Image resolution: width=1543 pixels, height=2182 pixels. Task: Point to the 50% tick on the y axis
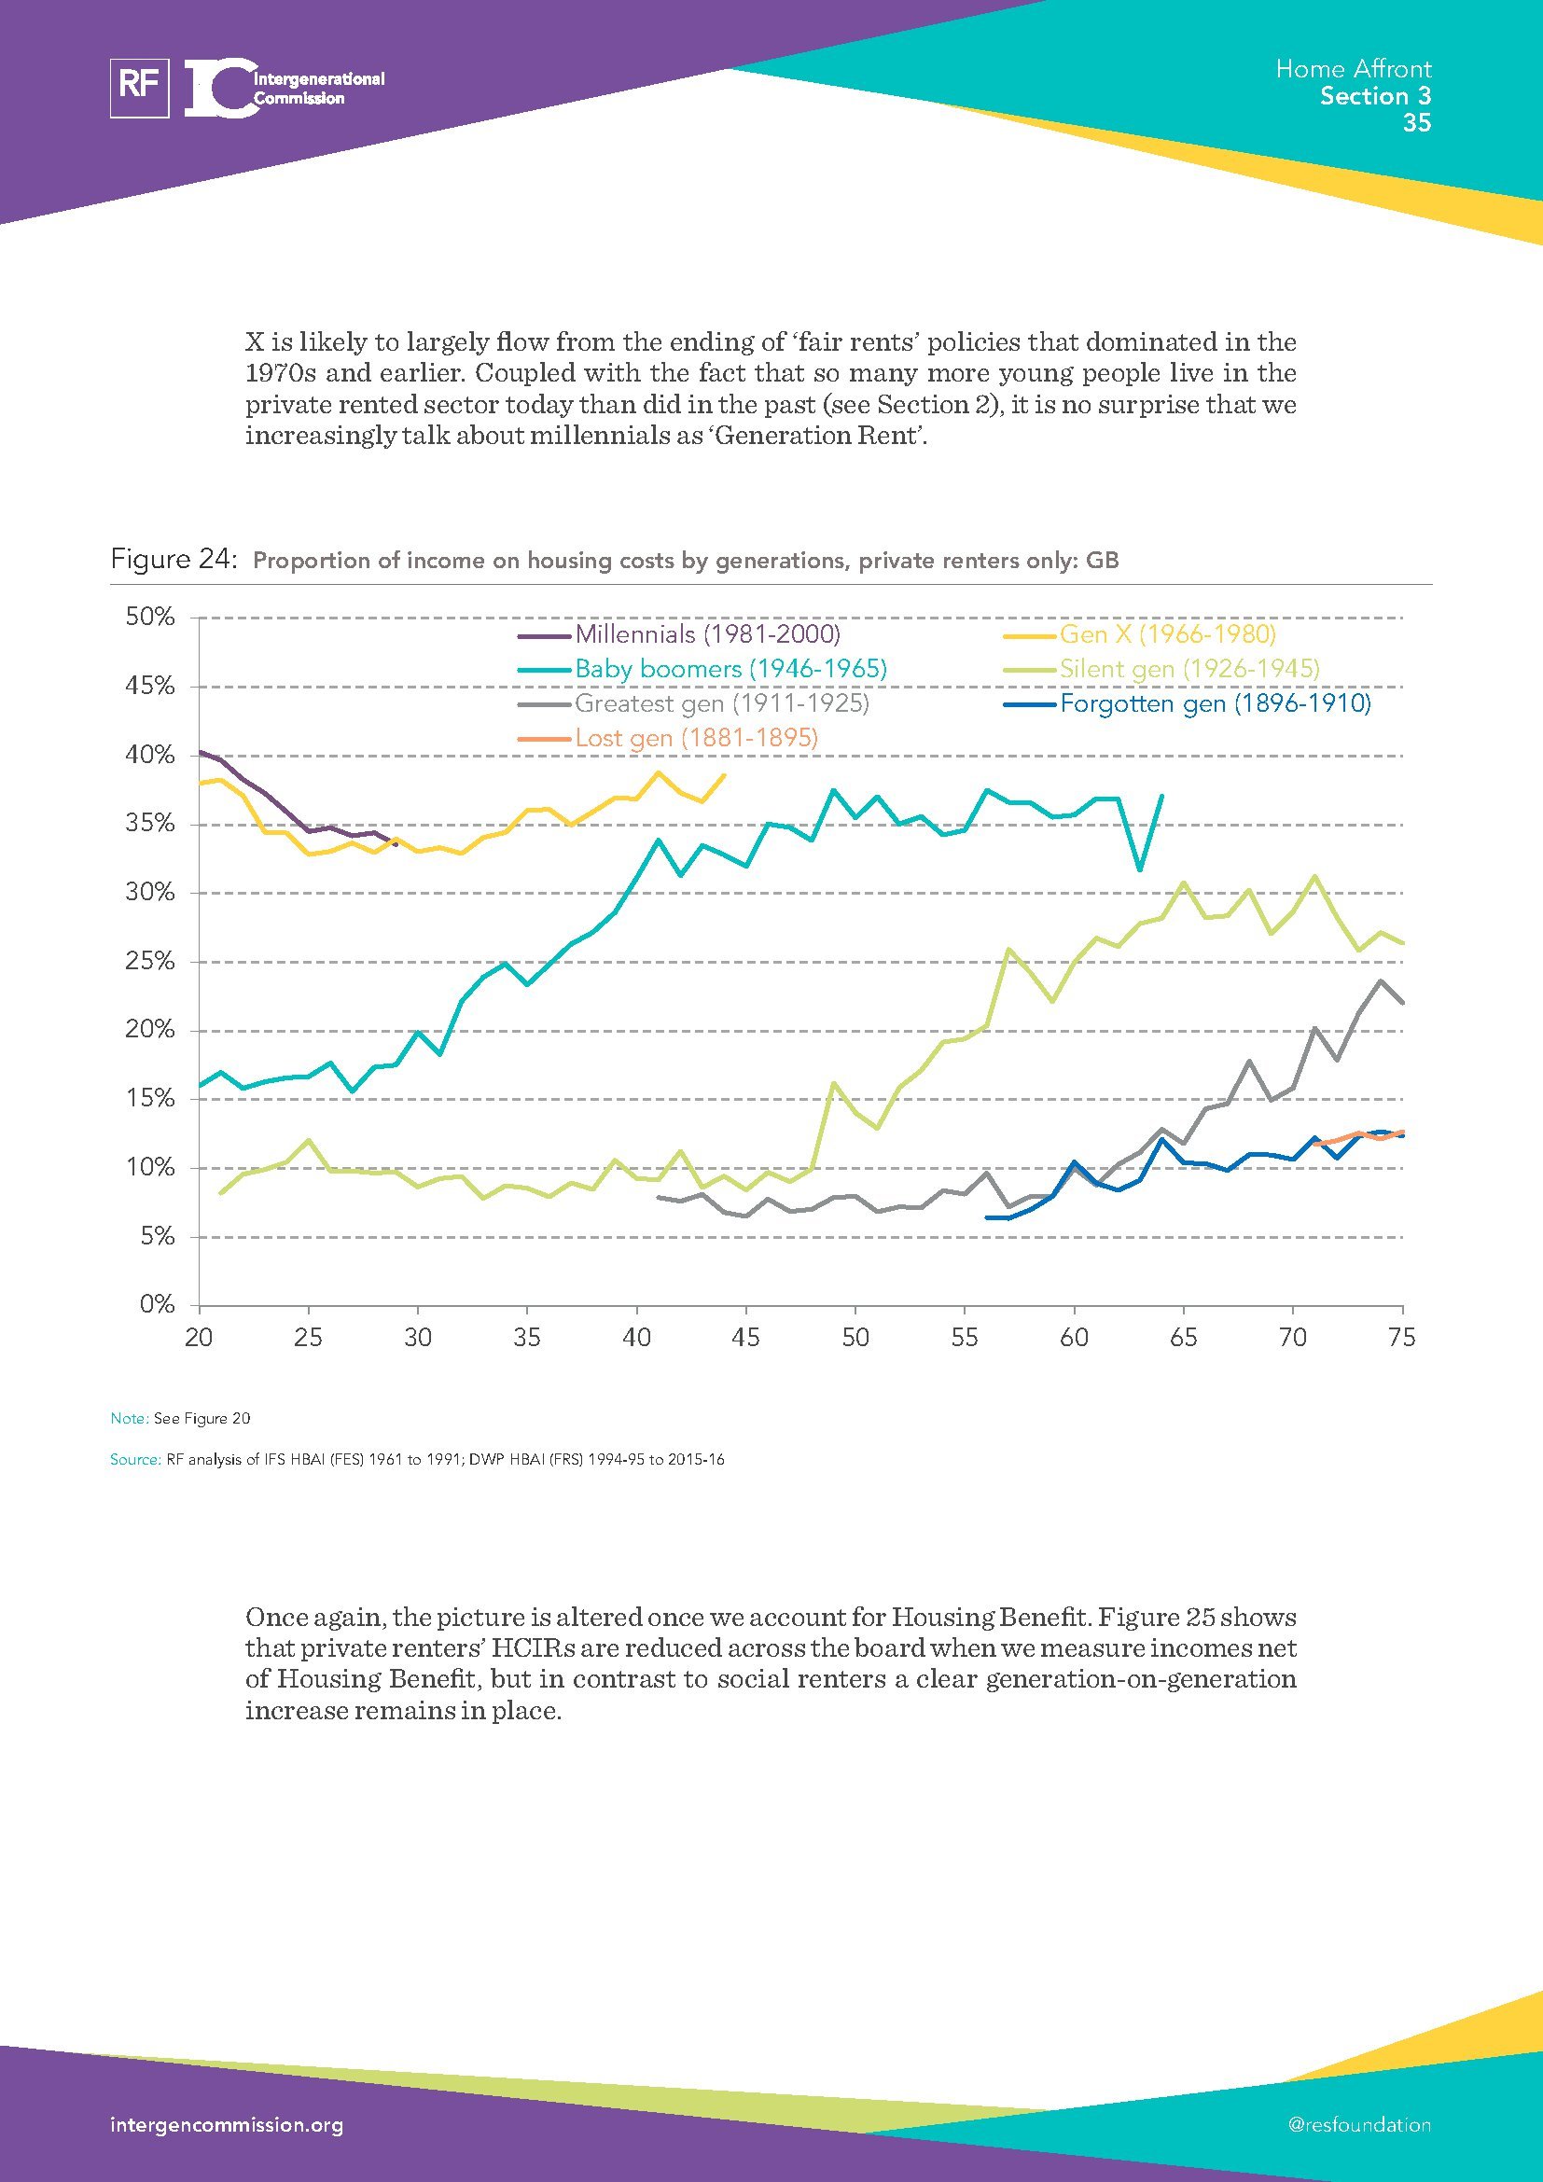[150, 618]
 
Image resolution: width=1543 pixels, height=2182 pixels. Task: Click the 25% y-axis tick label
[150, 962]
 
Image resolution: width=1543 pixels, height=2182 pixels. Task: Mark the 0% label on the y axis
[157, 1305]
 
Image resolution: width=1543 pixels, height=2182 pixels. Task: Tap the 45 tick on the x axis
[746, 1338]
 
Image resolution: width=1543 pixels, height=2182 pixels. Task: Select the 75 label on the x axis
[1401, 1338]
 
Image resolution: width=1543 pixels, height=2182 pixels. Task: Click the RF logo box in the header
[140, 88]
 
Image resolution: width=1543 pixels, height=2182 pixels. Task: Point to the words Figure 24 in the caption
[172, 559]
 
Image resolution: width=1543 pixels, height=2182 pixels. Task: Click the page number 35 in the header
[1417, 122]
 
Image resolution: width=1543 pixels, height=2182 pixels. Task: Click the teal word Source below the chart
[134, 1460]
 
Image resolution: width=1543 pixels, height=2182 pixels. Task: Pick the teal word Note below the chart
[128, 1419]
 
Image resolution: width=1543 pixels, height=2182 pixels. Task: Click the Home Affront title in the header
[1353, 68]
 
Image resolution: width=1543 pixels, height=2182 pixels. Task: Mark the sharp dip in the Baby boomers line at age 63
[1139, 869]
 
